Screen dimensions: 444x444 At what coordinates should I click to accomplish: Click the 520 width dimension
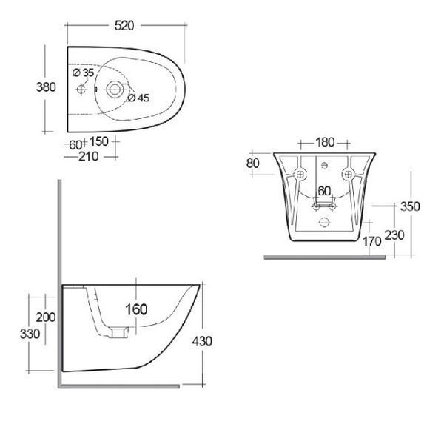point(124,25)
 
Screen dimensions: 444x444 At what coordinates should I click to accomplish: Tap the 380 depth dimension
point(46,87)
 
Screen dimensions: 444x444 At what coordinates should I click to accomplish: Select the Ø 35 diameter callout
point(83,73)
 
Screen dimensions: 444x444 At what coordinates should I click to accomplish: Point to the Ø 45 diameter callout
point(138,98)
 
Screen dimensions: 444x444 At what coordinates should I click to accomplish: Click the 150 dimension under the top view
point(99,141)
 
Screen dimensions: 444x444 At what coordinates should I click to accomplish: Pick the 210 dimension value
point(88,157)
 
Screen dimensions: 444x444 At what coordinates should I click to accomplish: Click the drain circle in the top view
point(115,90)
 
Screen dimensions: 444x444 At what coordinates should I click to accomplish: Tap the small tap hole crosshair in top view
point(81,90)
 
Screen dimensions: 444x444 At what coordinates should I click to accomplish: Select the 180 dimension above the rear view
point(325,142)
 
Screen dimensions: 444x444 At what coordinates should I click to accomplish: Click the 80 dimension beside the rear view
point(253,164)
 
